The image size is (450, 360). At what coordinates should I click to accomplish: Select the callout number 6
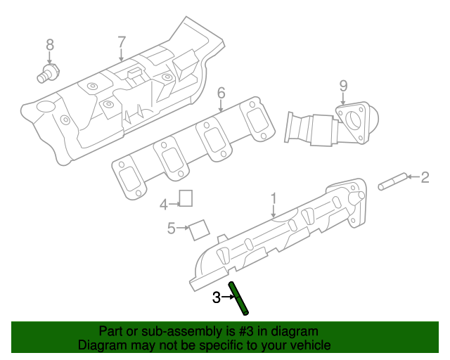pyautogui.click(x=221, y=92)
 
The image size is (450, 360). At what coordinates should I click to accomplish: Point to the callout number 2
pyautogui.click(x=425, y=178)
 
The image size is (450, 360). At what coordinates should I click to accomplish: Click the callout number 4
pyautogui.click(x=163, y=205)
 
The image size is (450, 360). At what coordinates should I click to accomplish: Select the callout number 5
pyautogui.click(x=171, y=228)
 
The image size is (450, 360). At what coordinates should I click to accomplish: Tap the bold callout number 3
pyautogui.click(x=217, y=297)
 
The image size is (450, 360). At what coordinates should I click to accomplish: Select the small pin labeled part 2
pyautogui.click(x=391, y=182)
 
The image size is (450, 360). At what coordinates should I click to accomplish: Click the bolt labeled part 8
pyautogui.click(x=49, y=72)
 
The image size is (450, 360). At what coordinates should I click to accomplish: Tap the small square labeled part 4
pyautogui.click(x=186, y=198)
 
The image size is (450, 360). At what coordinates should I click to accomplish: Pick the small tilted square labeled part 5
pyautogui.click(x=200, y=229)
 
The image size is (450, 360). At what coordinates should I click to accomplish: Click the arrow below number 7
pyautogui.click(x=121, y=56)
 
